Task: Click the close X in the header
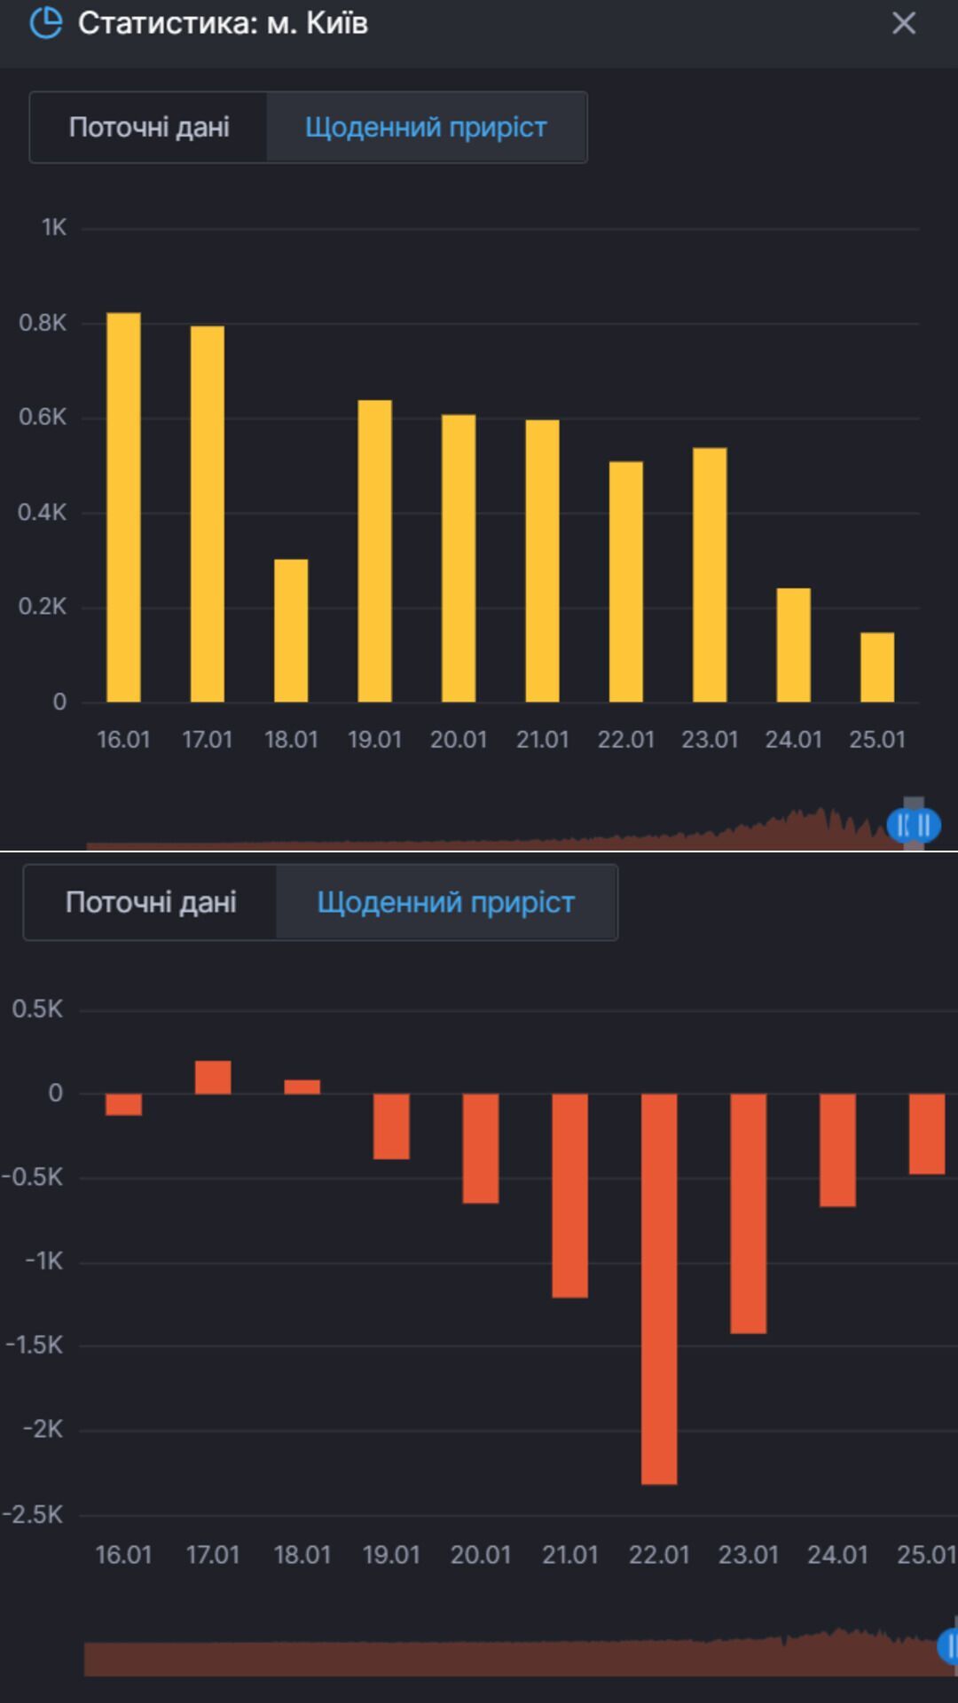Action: pyautogui.click(x=903, y=23)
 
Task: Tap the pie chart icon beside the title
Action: pyautogui.click(x=46, y=23)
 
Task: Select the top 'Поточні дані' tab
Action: pyautogui.click(x=149, y=127)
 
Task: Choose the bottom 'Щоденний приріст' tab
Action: pyautogui.click(x=446, y=902)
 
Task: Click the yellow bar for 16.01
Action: pyautogui.click(x=123, y=507)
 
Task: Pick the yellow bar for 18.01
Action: pyautogui.click(x=291, y=631)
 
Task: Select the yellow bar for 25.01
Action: pyautogui.click(x=877, y=667)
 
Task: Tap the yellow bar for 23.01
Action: pyautogui.click(x=710, y=575)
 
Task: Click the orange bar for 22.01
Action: pyautogui.click(x=659, y=1288)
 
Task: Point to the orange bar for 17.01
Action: pyautogui.click(x=213, y=1077)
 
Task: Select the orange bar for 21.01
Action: pyautogui.click(x=569, y=1195)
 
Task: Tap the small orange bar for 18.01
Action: pyautogui.click(x=302, y=1087)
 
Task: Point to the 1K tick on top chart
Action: pyautogui.click(x=53, y=228)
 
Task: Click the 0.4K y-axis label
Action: pyautogui.click(x=43, y=512)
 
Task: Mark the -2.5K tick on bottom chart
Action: pyautogui.click(x=33, y=1514)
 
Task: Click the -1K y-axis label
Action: pyautogui.click(x=43, y=1260)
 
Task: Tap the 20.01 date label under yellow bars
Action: pyautogui.click(x=459, y=740)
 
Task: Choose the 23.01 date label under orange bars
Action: pyautogui.click(x=748, y=1555)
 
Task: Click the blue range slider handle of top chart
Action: pyautogui.click(x=914, y=825)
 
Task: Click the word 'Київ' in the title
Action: pyautogui.click(x=337, y=23)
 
